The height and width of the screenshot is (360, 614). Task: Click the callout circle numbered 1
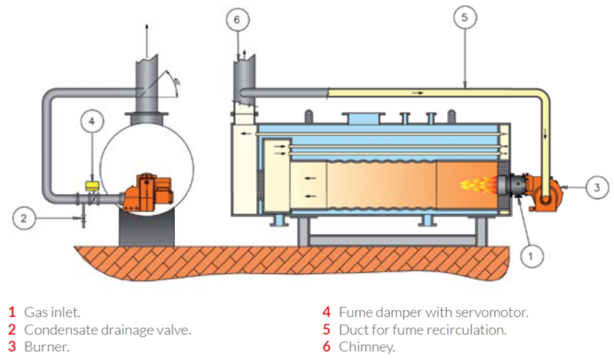[x=529, y=253]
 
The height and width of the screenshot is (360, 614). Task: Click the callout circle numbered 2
[x=24, y=219]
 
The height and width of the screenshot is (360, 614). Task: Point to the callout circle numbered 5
[x=464, y=16]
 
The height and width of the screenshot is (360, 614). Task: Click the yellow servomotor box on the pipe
[x=92, y=185]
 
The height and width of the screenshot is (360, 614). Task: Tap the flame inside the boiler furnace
[x=476, y=184]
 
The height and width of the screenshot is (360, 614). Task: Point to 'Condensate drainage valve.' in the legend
[x=107, y=330]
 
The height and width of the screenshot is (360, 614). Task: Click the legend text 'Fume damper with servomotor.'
[x=434, y=312]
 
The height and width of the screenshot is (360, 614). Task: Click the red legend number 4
[x=326, y=312]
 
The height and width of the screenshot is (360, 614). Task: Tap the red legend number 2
[x=12, y=330]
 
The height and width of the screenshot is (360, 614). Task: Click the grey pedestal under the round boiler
[x=146, y=227]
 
